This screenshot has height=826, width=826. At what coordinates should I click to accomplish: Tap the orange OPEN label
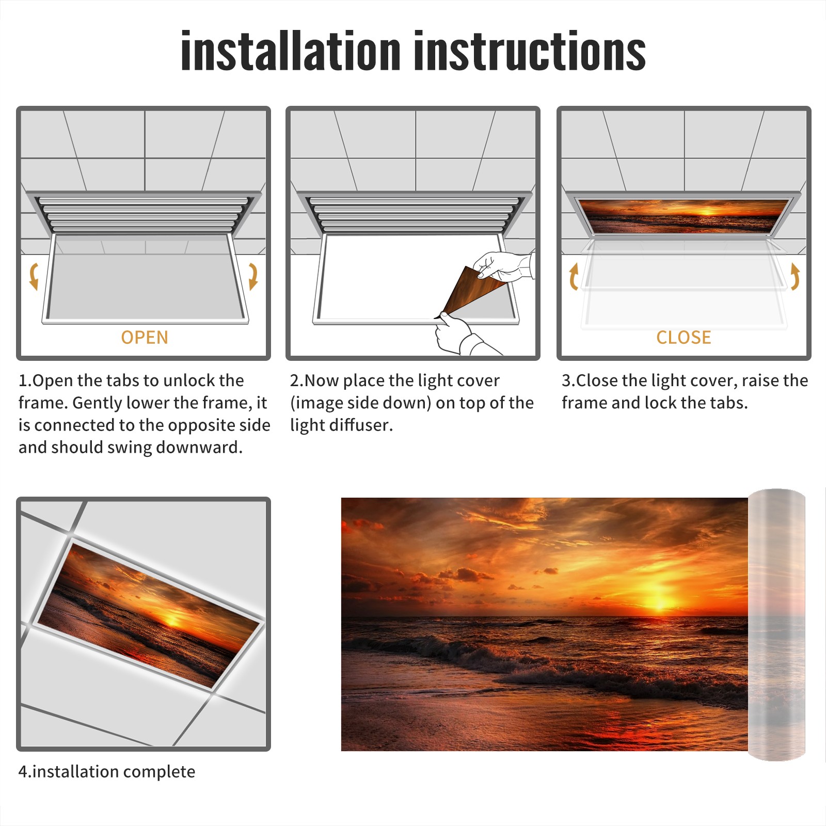(x=145, y=338)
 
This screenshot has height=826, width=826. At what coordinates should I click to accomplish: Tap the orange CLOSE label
(x=684, y=338)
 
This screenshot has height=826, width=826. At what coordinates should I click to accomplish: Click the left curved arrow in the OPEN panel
(x=34, y=276)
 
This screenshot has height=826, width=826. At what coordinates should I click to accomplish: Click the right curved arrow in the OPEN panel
(x=253, y=276)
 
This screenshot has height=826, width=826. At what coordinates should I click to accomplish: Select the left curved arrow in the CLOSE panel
(x=574, y=276)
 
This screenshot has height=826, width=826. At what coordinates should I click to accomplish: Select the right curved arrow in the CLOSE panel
(x=795, y=276)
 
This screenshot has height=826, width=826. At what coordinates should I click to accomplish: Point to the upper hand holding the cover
(x=503, y=266)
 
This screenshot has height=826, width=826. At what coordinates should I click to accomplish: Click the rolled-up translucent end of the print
(x=777, y=625)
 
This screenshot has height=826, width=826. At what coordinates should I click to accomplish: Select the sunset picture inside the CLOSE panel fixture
(x=684, y=216)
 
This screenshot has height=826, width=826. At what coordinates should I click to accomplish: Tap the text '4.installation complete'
(x=107, y=772)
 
